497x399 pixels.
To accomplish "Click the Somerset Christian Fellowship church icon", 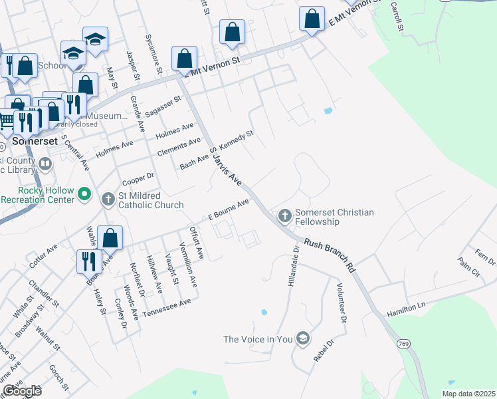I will pos(284,215).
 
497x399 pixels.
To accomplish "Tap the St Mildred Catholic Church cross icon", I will pos(108,199).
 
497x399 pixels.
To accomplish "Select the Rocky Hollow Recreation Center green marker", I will pos(84,194).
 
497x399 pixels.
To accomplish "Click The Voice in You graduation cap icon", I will pos(303,338).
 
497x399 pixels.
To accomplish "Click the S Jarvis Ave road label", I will pos(225,165).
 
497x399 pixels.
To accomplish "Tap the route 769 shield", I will pos(403,343).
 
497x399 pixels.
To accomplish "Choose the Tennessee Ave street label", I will pos(167,307).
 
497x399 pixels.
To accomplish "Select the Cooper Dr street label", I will pos(138,180).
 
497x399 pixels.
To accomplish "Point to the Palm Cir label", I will pos(468,272).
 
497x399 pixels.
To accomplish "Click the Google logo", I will pos(22,391).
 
